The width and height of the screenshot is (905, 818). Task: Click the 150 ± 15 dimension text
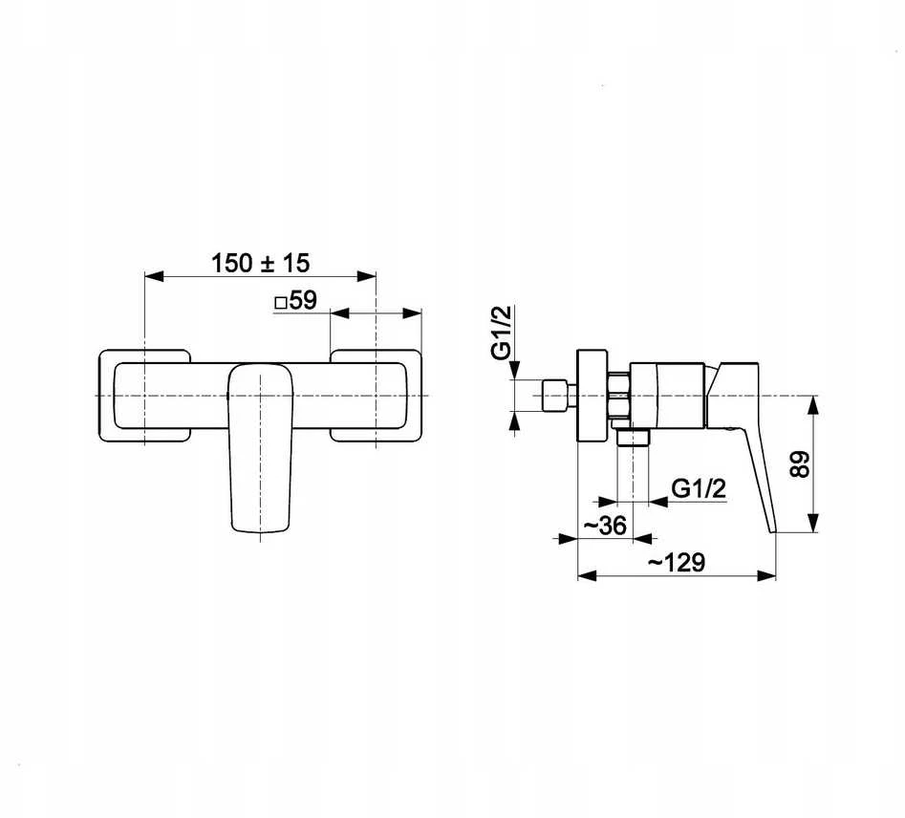tap(260, 263)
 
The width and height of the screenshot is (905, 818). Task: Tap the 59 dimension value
tap(303, 300)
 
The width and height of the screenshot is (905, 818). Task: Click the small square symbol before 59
tap(281, 303)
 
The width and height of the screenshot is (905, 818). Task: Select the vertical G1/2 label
tap(501, 333)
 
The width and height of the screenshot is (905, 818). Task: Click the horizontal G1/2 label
tap(699, 489)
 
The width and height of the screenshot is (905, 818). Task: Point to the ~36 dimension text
tap(604, 526)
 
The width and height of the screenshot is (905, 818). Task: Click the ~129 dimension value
tap(676, 562)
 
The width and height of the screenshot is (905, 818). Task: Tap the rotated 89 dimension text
tap(800, 464)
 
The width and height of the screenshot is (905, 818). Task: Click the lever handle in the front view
tap(261, 447)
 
